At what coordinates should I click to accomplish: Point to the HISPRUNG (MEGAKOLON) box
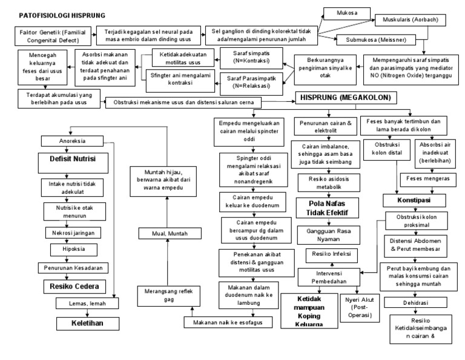click(343, 98)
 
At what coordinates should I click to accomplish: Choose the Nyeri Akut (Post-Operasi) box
click(358, 307)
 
